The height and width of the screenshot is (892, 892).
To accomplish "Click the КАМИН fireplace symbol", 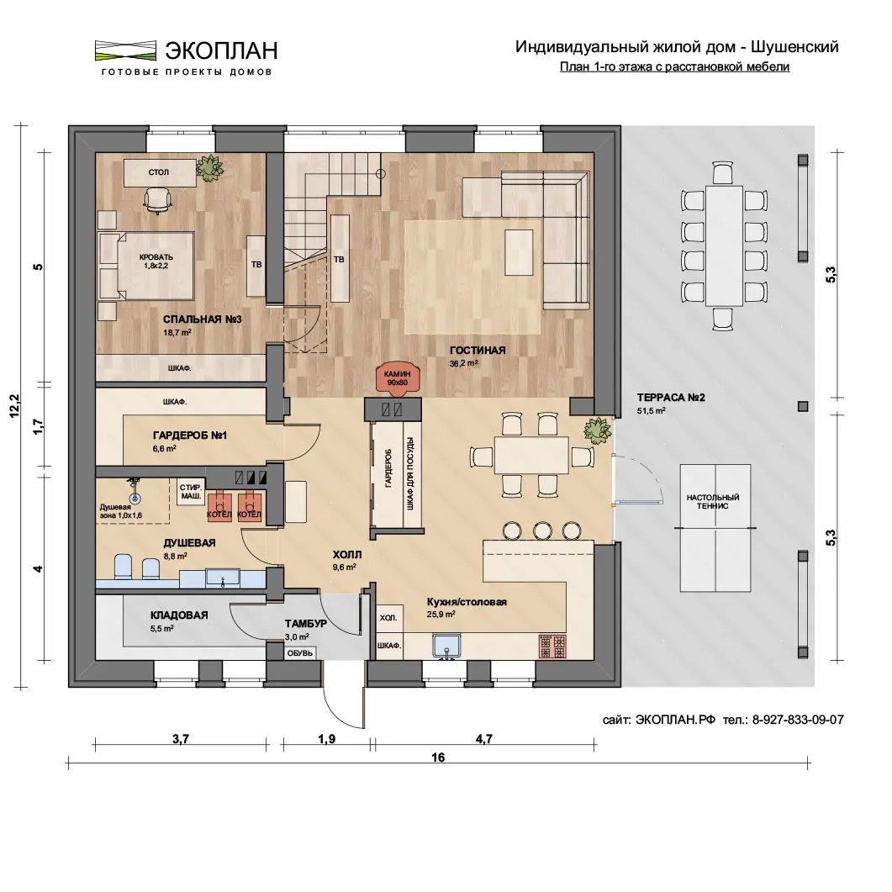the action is [398, 377].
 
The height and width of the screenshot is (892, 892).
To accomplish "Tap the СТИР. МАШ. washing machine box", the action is [191, 492].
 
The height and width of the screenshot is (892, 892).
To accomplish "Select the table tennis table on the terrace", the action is [715, 528].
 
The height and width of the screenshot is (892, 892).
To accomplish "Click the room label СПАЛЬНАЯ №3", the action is [202, 319].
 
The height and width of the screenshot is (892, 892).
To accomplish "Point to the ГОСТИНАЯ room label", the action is [478, 351].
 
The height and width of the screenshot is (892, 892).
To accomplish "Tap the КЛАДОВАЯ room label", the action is [179, 615].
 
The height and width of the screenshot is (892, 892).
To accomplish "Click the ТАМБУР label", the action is [306, 624].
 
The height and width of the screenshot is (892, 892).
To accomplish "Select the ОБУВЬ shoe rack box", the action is [300, 653].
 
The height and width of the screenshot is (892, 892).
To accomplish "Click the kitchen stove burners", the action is [552, 646].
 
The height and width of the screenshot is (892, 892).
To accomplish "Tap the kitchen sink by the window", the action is [447, 647].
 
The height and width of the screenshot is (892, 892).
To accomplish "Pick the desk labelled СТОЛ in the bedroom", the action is [160, 172].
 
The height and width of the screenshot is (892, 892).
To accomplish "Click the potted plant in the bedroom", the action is [210, 166].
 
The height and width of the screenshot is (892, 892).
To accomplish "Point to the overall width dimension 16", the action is [438, 757].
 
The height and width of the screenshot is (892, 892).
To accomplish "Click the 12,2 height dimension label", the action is [15, 406].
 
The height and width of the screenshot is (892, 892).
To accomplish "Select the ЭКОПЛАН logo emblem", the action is [125, 50].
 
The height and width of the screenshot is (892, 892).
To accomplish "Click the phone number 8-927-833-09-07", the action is [798, 720].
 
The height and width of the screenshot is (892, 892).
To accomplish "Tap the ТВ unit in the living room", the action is [340, 259].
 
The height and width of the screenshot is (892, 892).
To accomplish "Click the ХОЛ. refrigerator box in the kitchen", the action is [389, 618].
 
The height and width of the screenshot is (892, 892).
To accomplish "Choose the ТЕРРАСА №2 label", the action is [671, 398].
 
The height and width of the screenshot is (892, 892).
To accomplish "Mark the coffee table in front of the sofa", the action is [519, 252].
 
